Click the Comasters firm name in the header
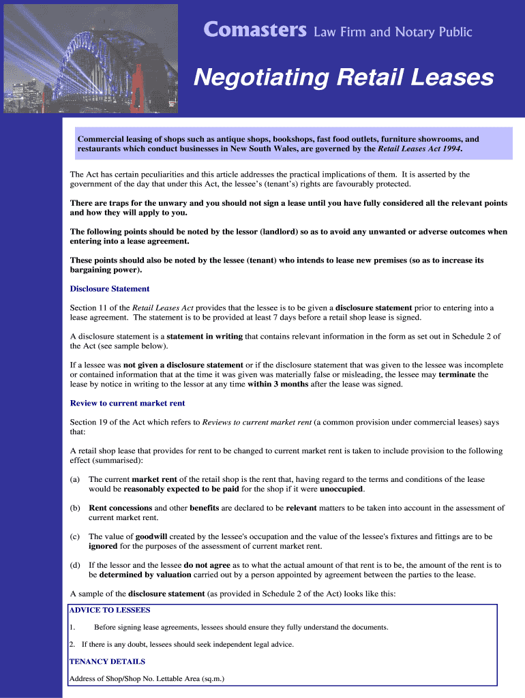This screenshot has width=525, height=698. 255,31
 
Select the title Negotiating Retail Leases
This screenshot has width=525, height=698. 343,78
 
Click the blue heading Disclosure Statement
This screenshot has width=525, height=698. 110,288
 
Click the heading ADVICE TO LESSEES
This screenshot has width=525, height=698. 110,610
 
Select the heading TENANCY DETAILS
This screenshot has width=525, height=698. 107,661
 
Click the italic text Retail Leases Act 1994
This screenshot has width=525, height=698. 419,148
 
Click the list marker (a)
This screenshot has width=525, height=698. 75,480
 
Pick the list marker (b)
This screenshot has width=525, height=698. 75,508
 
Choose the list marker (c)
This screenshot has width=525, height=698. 75,536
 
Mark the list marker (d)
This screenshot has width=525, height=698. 75,565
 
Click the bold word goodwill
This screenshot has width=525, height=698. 155,536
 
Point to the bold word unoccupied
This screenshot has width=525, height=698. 341,489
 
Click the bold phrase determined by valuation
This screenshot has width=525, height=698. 140,575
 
